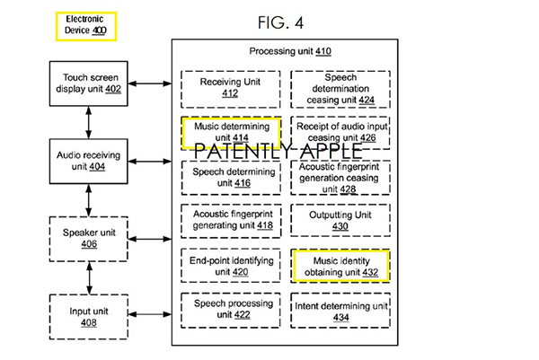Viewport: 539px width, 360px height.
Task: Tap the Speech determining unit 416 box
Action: point(230,177)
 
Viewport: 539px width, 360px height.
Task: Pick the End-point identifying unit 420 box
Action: point(230,265)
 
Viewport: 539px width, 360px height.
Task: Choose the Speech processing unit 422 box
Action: point(230,310)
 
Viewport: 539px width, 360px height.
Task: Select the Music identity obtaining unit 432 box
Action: point(340,266)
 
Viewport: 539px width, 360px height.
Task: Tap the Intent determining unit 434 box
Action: point(340,310)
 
